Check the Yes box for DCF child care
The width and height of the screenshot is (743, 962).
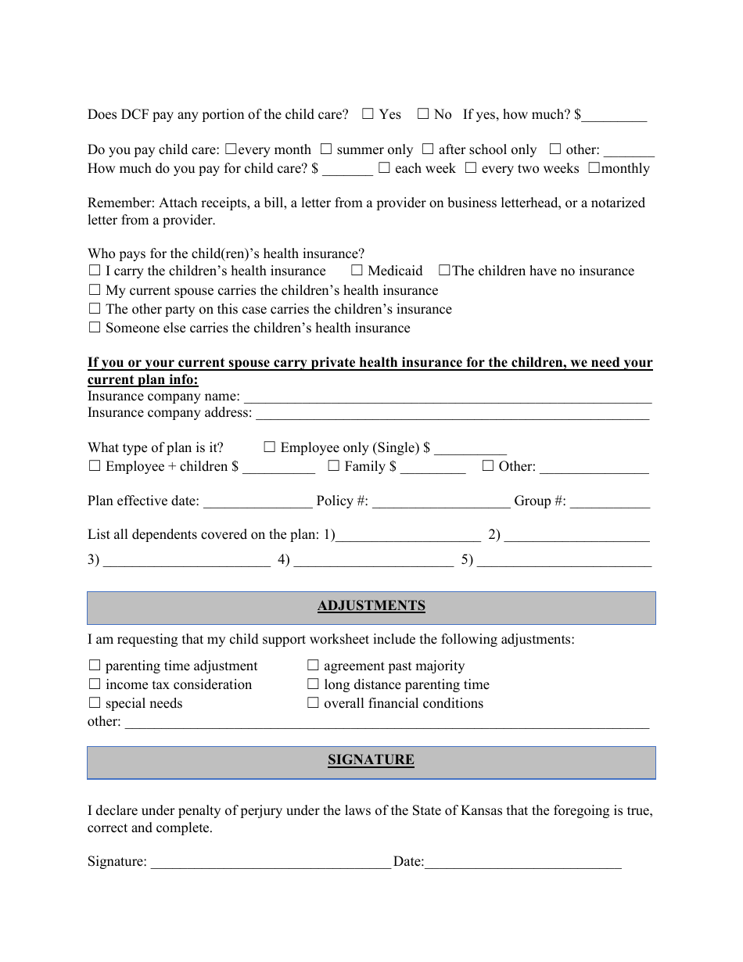point(368,114)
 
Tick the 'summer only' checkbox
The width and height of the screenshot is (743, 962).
point(326,149)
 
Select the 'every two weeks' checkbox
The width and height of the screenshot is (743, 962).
point(471,167)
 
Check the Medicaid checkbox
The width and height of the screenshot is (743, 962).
point(357,271)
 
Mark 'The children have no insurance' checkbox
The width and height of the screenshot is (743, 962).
point(444,271)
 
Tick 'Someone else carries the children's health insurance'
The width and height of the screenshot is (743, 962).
point(95,328)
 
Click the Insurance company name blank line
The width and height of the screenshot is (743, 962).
point(447,398)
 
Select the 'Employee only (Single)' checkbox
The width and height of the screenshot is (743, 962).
point(270,447)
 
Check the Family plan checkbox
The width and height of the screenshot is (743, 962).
point(334,466)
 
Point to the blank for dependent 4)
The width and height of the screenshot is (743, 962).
point(373,562)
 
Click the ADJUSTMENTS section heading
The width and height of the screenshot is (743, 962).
point(371,606)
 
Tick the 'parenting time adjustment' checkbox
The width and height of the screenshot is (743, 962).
point(95,666)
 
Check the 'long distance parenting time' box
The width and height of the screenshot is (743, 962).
point(313,684)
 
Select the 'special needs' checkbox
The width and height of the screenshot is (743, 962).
point(95,703)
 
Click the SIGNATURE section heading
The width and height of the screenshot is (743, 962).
point(371,760)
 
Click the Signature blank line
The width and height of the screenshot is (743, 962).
point(270,863)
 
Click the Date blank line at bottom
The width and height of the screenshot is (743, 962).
point(522,863)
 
